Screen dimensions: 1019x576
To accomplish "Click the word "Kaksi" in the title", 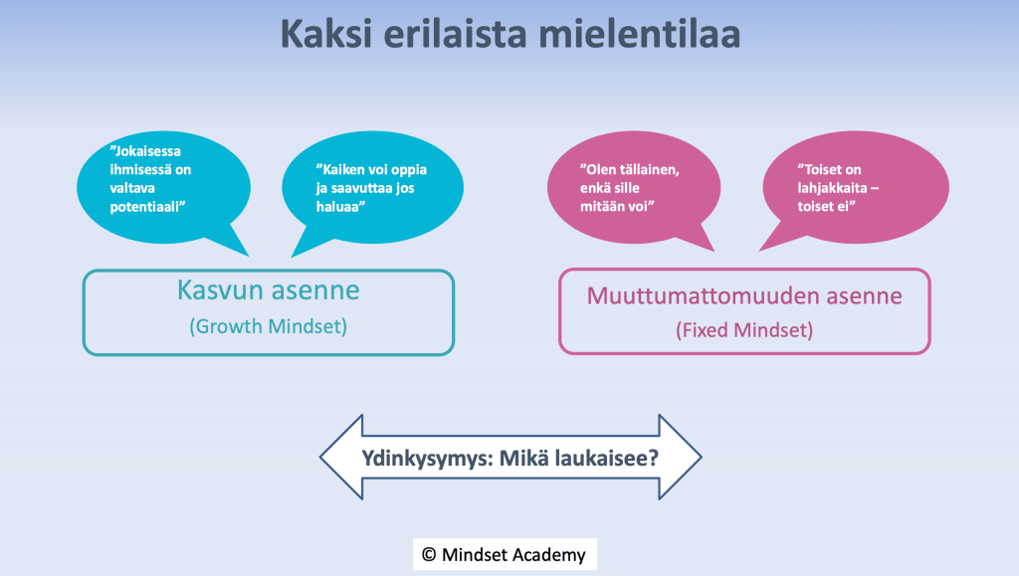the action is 326,34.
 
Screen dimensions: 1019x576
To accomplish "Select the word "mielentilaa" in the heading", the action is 640,34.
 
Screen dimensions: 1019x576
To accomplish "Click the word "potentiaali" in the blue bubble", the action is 147,207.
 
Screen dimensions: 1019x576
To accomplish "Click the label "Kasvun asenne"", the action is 269,290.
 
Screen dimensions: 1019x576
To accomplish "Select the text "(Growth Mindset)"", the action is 269,326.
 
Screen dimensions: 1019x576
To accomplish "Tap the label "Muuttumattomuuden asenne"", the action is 744,296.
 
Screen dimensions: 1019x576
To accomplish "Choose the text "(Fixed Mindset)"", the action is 744,330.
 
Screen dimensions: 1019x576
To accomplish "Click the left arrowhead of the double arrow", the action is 341,458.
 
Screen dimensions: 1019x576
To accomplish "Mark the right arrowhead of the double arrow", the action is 681,458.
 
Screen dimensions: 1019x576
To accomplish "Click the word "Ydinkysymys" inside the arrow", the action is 425,459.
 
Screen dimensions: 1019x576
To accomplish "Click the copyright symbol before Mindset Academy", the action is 429,554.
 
